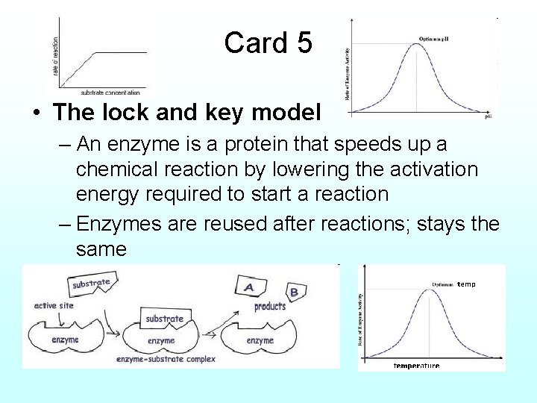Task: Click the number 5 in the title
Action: [304, 43]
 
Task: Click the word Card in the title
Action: [251, 43]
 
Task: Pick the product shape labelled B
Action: [293, 292]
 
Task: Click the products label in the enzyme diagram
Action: [270, 306]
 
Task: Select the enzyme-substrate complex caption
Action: [166, 359]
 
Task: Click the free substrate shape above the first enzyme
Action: [92, 284]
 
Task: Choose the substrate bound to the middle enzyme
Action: [164, 319]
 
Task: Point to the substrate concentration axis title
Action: [107, 92]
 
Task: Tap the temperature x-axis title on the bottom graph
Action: [416, 366]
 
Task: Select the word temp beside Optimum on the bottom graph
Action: [466, 284]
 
